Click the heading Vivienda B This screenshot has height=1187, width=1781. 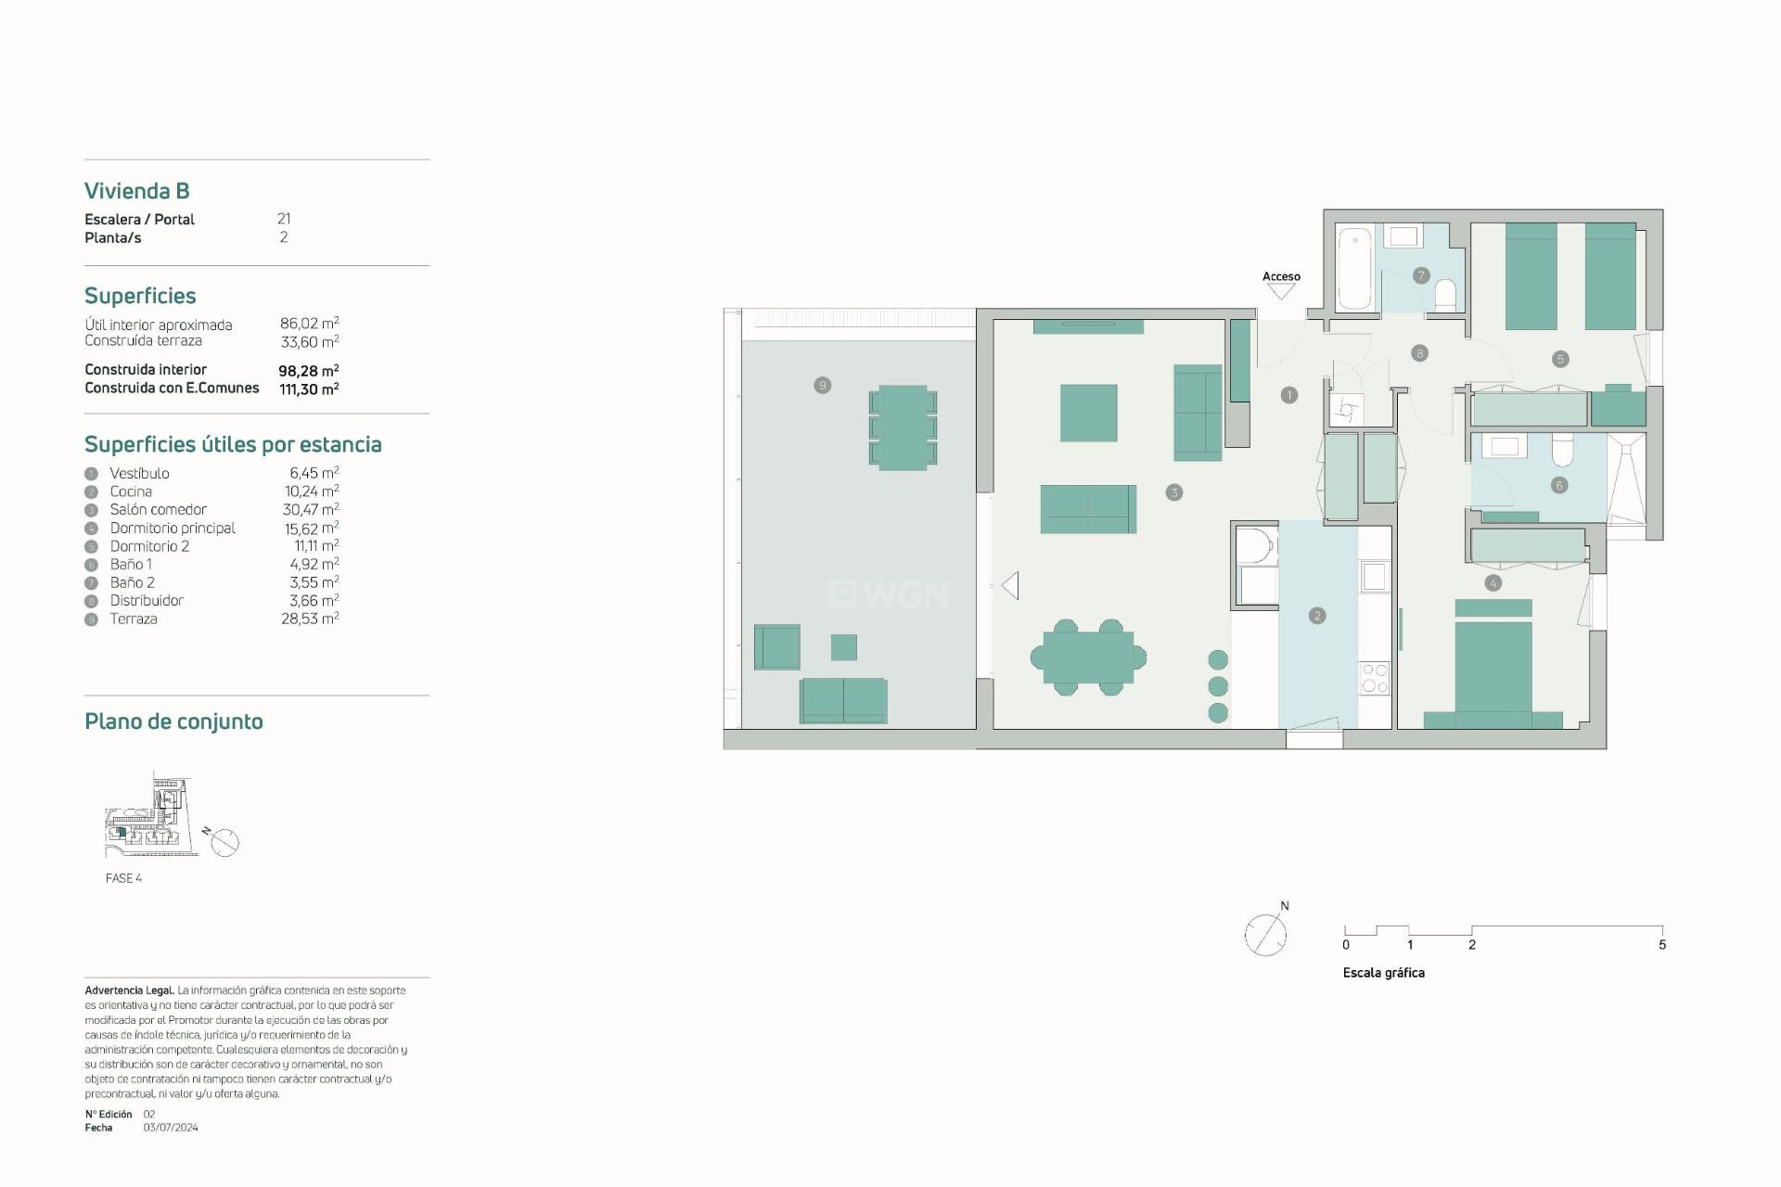(137, 191)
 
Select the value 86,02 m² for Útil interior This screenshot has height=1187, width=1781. (309, 324)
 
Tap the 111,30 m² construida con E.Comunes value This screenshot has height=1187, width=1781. (309, 389)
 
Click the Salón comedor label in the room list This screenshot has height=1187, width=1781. (158, 509)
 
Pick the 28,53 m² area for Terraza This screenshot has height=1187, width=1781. (310, 619)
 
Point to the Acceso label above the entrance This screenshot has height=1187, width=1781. (1281, 276)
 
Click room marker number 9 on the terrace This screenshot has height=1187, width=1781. (822, 385)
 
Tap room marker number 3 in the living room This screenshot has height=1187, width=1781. (1173, 492)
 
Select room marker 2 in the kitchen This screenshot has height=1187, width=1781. (1317, 616)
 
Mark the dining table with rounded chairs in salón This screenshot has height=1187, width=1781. (1088, 657)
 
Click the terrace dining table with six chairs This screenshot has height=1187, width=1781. (903, 428)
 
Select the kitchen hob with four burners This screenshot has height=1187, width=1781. (1374, 678)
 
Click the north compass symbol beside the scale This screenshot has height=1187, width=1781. (1266, 934)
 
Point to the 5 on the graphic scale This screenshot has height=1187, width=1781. (1661, 945)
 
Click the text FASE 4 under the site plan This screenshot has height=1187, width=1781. (123, 878)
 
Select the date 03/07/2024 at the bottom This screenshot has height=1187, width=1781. (171, 1128)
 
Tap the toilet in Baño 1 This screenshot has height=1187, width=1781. (1562, 450)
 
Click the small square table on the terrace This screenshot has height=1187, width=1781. (843, 647)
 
